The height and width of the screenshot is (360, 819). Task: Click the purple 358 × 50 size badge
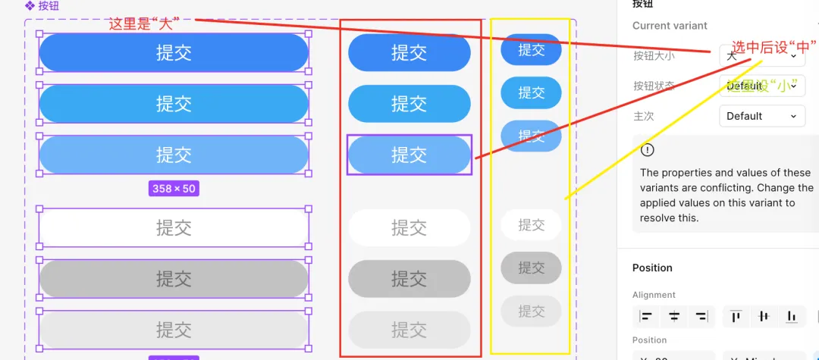(x=174, y=189)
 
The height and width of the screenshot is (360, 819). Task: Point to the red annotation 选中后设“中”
(x=773, y=48)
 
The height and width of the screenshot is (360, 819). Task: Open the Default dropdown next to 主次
(x=761, y=116)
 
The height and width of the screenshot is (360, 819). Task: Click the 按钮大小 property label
(x=654, y=55)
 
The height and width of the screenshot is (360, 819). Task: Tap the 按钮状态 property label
(x=654, y=86)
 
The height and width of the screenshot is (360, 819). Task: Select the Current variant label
(x=670, y=26)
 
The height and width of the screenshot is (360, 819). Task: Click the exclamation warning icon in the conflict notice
(x=647, y=150)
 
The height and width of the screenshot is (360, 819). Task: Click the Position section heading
(x=652, y=268)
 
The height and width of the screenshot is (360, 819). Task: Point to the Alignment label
(x=654, y=295)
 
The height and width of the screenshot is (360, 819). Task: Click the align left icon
(x=646, y=316)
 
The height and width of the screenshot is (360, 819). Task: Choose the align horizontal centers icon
(x=674, y=316)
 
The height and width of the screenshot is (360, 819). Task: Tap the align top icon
(x=736, y=316)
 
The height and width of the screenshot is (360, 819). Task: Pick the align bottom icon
(x=792, y=316)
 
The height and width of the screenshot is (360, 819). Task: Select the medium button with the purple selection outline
(x=409, y=155)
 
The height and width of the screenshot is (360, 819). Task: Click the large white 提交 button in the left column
(x=174, y=227)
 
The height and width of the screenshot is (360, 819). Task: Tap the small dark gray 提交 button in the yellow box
(x=531, y=268)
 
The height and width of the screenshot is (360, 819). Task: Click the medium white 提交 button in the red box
(x=409, y=227)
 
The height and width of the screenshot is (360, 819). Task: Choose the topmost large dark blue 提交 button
(x=174, y=52)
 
